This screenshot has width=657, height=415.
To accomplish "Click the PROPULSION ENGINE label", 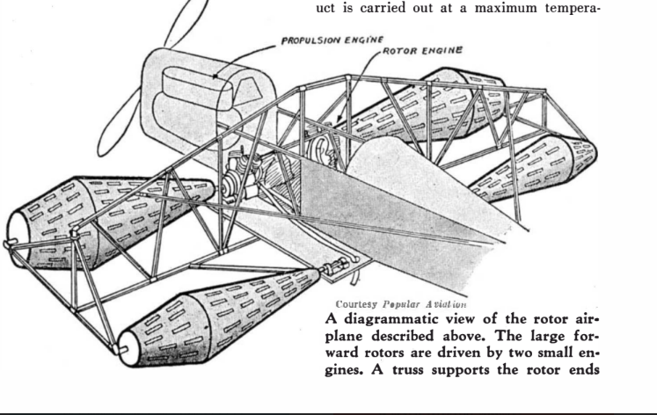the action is pyautogui.click(x=332, y=40).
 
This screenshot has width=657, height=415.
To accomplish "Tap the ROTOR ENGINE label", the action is pyautogui.click(x=423, y=51).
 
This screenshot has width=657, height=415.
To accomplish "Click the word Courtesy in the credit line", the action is pyautogui.click(x=356, y=304).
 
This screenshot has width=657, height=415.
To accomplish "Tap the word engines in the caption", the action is pyautogui.click(x=462, y=361).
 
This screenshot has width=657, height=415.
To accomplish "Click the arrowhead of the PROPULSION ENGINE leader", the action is pyautogui.click(x=215, y=76).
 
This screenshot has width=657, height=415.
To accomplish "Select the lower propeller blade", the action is pyautogui.click(x=119, y=122).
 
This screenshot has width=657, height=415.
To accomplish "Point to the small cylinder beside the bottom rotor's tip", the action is pyautogui.click(x=336, y=266).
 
